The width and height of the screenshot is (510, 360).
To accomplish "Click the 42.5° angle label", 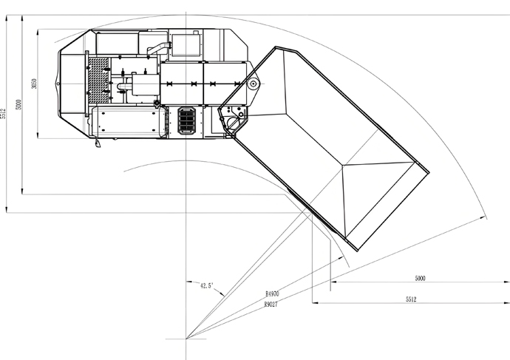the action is tap(206, 286).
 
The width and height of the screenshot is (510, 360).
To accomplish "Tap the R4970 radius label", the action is tap(272, 293).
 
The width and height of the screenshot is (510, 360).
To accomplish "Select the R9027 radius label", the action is tap(271, 305).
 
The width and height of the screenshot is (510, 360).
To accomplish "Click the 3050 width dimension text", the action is tap(34, 84).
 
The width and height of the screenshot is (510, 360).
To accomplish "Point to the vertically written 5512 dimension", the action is tap(3, 114).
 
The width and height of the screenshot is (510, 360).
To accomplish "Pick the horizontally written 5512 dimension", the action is tap(411, 299).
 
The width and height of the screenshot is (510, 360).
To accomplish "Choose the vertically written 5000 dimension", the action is tap(18, 105).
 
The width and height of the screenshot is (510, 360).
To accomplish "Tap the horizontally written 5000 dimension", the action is tap(421, 278).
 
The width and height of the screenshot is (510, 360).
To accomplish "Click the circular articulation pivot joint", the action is tap(253, 84).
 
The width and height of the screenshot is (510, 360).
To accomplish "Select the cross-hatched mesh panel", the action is tap(98, 81).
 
